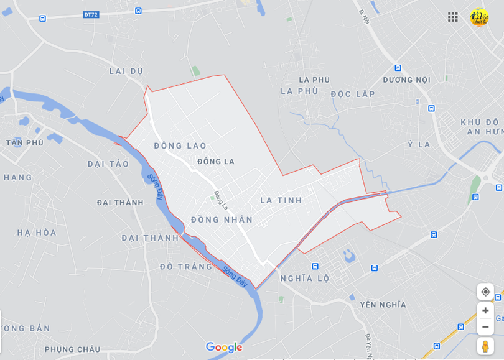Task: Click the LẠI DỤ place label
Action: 126,71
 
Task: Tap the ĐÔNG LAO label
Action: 180,146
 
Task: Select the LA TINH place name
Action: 281,200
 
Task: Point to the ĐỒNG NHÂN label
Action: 222,219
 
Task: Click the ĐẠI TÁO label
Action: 108,164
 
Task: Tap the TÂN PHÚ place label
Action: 25,142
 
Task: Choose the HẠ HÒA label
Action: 37,233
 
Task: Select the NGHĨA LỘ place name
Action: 305,279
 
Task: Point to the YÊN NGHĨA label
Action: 383,305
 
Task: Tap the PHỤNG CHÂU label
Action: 72,349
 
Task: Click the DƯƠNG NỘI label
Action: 406,80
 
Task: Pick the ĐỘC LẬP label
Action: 353,94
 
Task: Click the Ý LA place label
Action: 419,145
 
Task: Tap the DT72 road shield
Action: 91,14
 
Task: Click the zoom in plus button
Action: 485,310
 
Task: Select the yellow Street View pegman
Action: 485,346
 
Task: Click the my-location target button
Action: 485,292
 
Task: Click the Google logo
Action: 224,348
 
